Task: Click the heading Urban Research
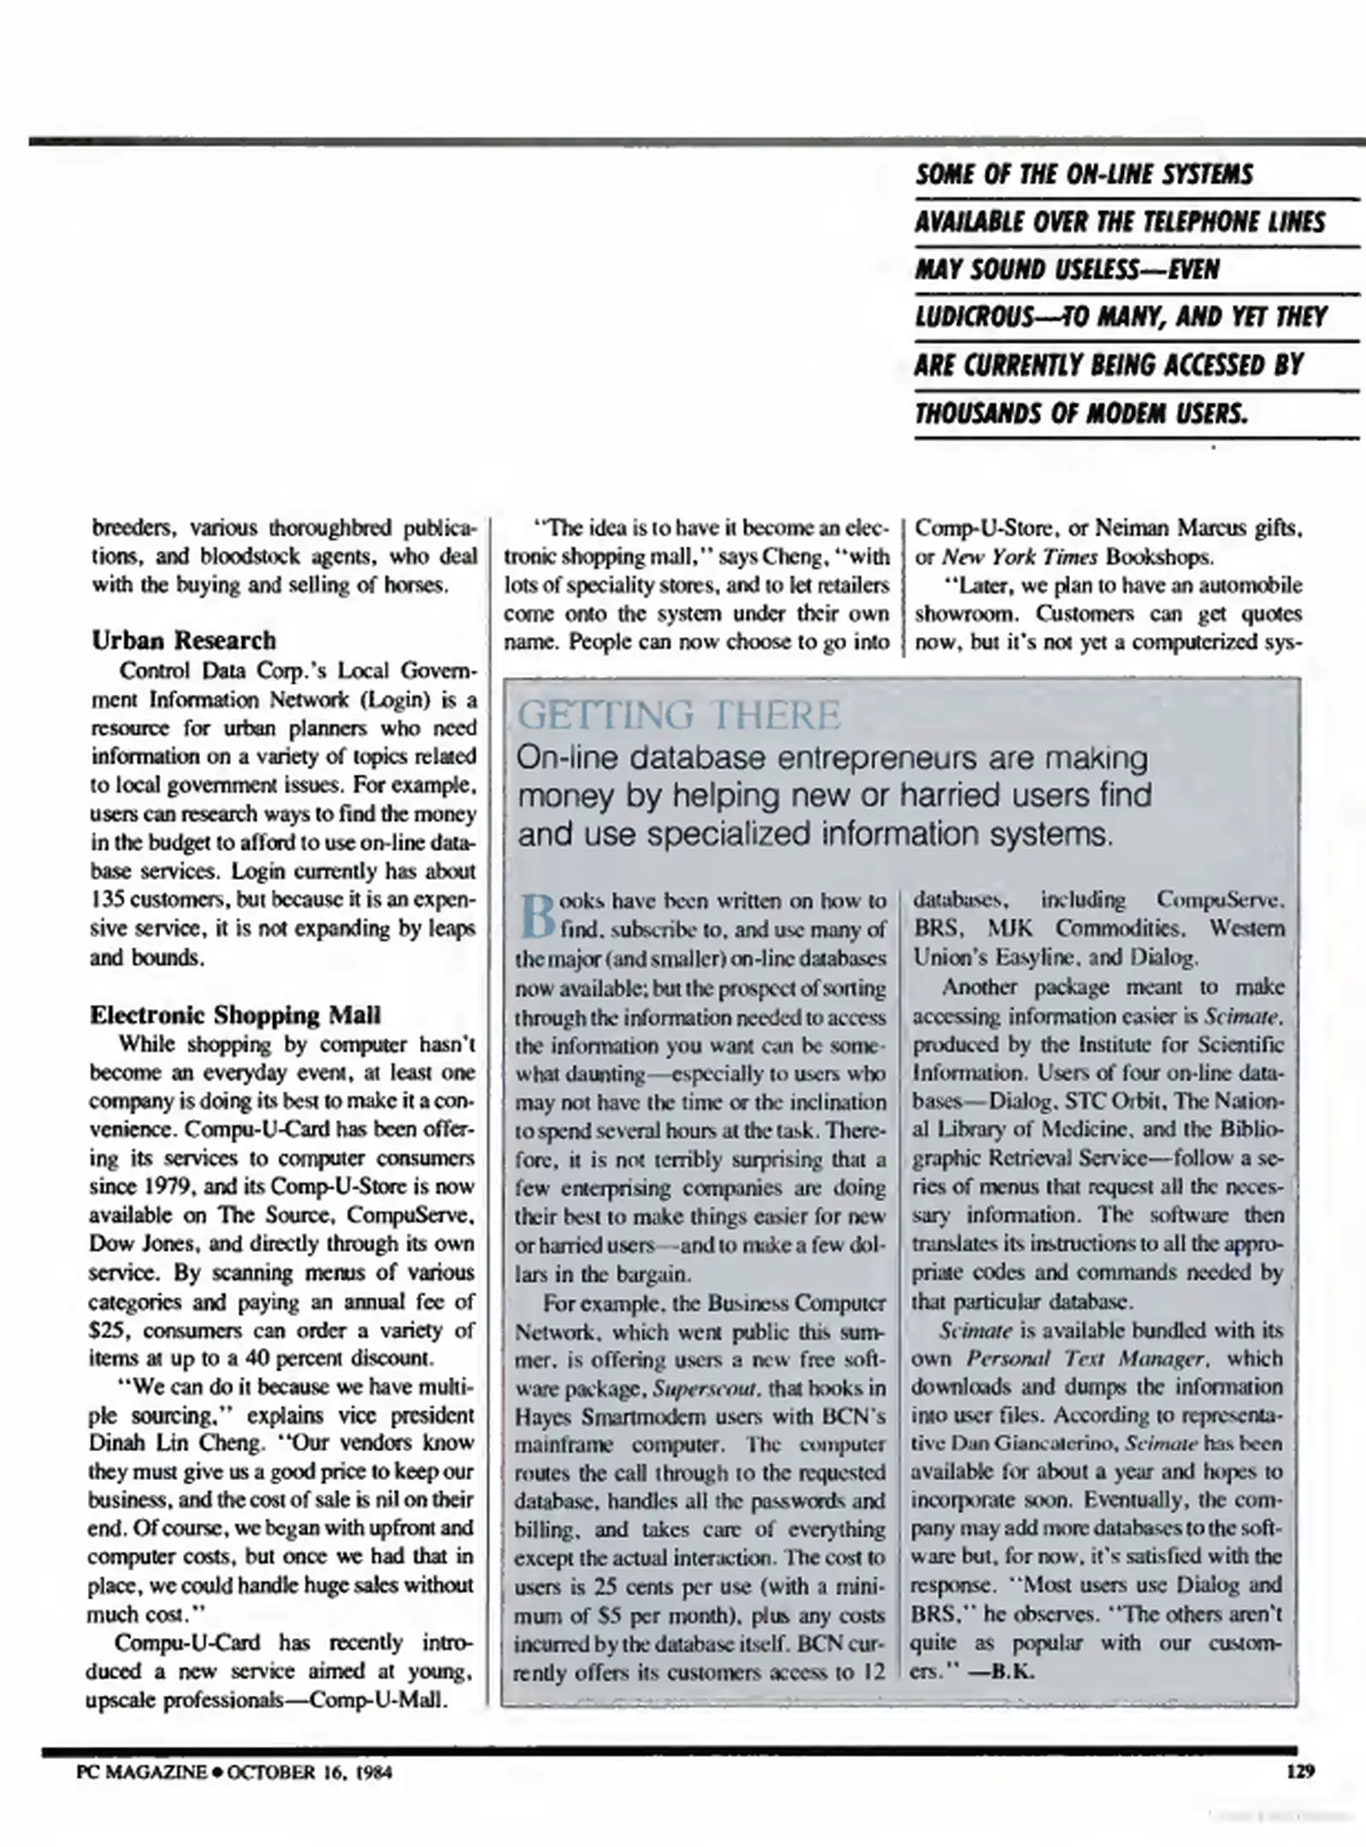[184, 640]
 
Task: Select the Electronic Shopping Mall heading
[235, 1015]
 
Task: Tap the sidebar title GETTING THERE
[680, 715]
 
